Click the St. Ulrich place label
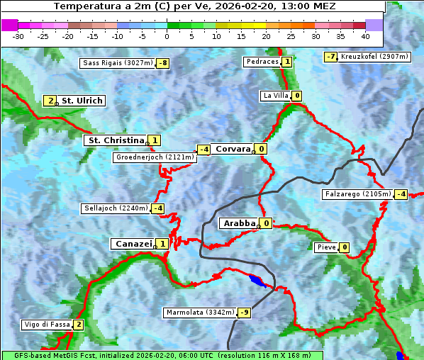tap(82, 101)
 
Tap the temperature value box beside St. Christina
tap(155, 140)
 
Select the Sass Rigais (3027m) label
tap(117, 63)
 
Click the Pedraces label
tap(262, 62)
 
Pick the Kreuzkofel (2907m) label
tap(372, 57)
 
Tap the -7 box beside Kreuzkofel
tap(330, 57)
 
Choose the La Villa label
tap(275, 96)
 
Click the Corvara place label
tap(233, 149)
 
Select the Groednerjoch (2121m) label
tap(154, 157)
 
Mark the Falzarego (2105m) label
tap(357, 194)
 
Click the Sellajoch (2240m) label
tap(116, 208)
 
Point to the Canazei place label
tap(133, 244)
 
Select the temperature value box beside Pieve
tap(344, 247)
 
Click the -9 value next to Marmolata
tap(245, 313)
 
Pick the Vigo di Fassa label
tap(47, 325)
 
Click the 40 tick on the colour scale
tap(365, 35)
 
